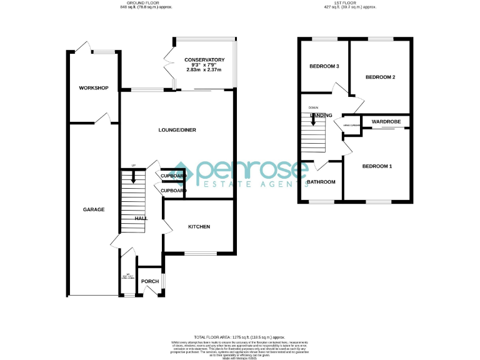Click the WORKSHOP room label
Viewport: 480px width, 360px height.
tap(94, 88)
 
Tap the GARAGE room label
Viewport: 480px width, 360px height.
tap(94, 209)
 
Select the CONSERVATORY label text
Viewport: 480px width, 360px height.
tap(204, 60)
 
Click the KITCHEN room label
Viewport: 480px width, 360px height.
tap(199, 226)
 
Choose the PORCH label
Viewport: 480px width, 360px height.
tap(150, 281)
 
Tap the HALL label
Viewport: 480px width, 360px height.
tap(141, 218)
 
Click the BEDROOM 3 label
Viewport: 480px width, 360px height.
tap(324, 66)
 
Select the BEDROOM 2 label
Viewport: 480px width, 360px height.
tap(380, 77)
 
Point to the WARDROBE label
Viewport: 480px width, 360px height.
tap(386, 121)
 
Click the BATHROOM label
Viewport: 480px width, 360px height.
tap(321, 182)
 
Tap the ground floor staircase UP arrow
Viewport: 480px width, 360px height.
tap(132, 177)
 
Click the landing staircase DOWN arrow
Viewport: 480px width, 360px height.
tap(314, 119)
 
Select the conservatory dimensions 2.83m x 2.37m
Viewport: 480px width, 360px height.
tap(204, 69)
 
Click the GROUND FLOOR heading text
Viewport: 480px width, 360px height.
tap(144, 3)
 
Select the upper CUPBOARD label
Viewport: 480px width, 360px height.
tap(173, 176)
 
